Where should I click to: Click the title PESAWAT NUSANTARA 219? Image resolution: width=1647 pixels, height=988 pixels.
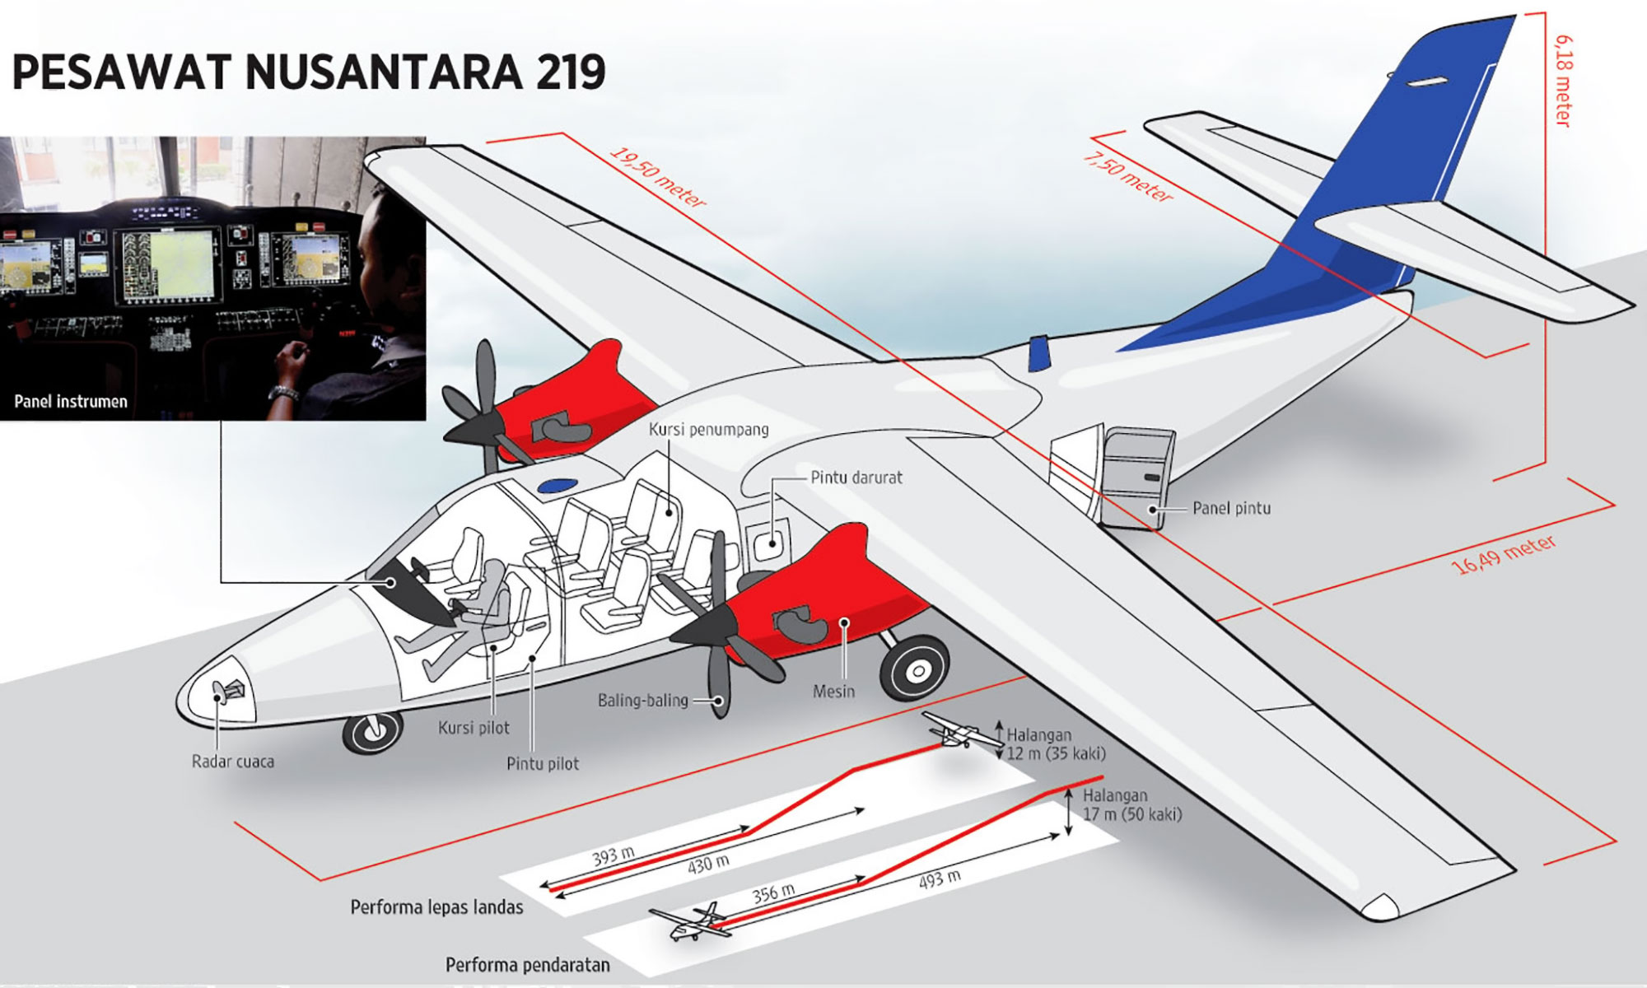309,72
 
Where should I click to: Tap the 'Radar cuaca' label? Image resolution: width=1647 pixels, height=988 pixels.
232,762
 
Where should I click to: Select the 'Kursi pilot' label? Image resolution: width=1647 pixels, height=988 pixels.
474,728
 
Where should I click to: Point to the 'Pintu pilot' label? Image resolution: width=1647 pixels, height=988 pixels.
542,763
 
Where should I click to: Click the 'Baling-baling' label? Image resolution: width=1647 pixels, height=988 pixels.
642,701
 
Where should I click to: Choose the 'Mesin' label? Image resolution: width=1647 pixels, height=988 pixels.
833,692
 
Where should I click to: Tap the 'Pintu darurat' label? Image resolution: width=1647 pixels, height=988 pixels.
856,478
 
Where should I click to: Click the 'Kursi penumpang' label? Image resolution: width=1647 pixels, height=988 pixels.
708,429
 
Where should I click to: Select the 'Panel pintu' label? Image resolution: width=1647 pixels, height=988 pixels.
1231,508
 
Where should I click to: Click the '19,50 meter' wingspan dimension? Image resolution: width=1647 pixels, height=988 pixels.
658,177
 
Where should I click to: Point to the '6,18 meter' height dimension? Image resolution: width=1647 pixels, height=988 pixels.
1563,81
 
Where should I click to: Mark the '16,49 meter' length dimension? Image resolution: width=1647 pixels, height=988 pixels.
1503,554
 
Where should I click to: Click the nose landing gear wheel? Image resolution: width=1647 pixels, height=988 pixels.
372,733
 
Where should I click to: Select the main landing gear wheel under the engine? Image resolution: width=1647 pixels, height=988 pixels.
916,670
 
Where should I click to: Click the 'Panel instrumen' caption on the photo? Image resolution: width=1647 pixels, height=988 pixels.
71,402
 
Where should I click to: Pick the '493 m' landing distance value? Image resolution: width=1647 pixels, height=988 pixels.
940,879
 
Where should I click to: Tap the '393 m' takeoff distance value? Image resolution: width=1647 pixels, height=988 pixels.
614,856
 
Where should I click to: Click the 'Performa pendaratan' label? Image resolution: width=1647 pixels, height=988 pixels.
527,965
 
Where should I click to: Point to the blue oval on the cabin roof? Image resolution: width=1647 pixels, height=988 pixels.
557,486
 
